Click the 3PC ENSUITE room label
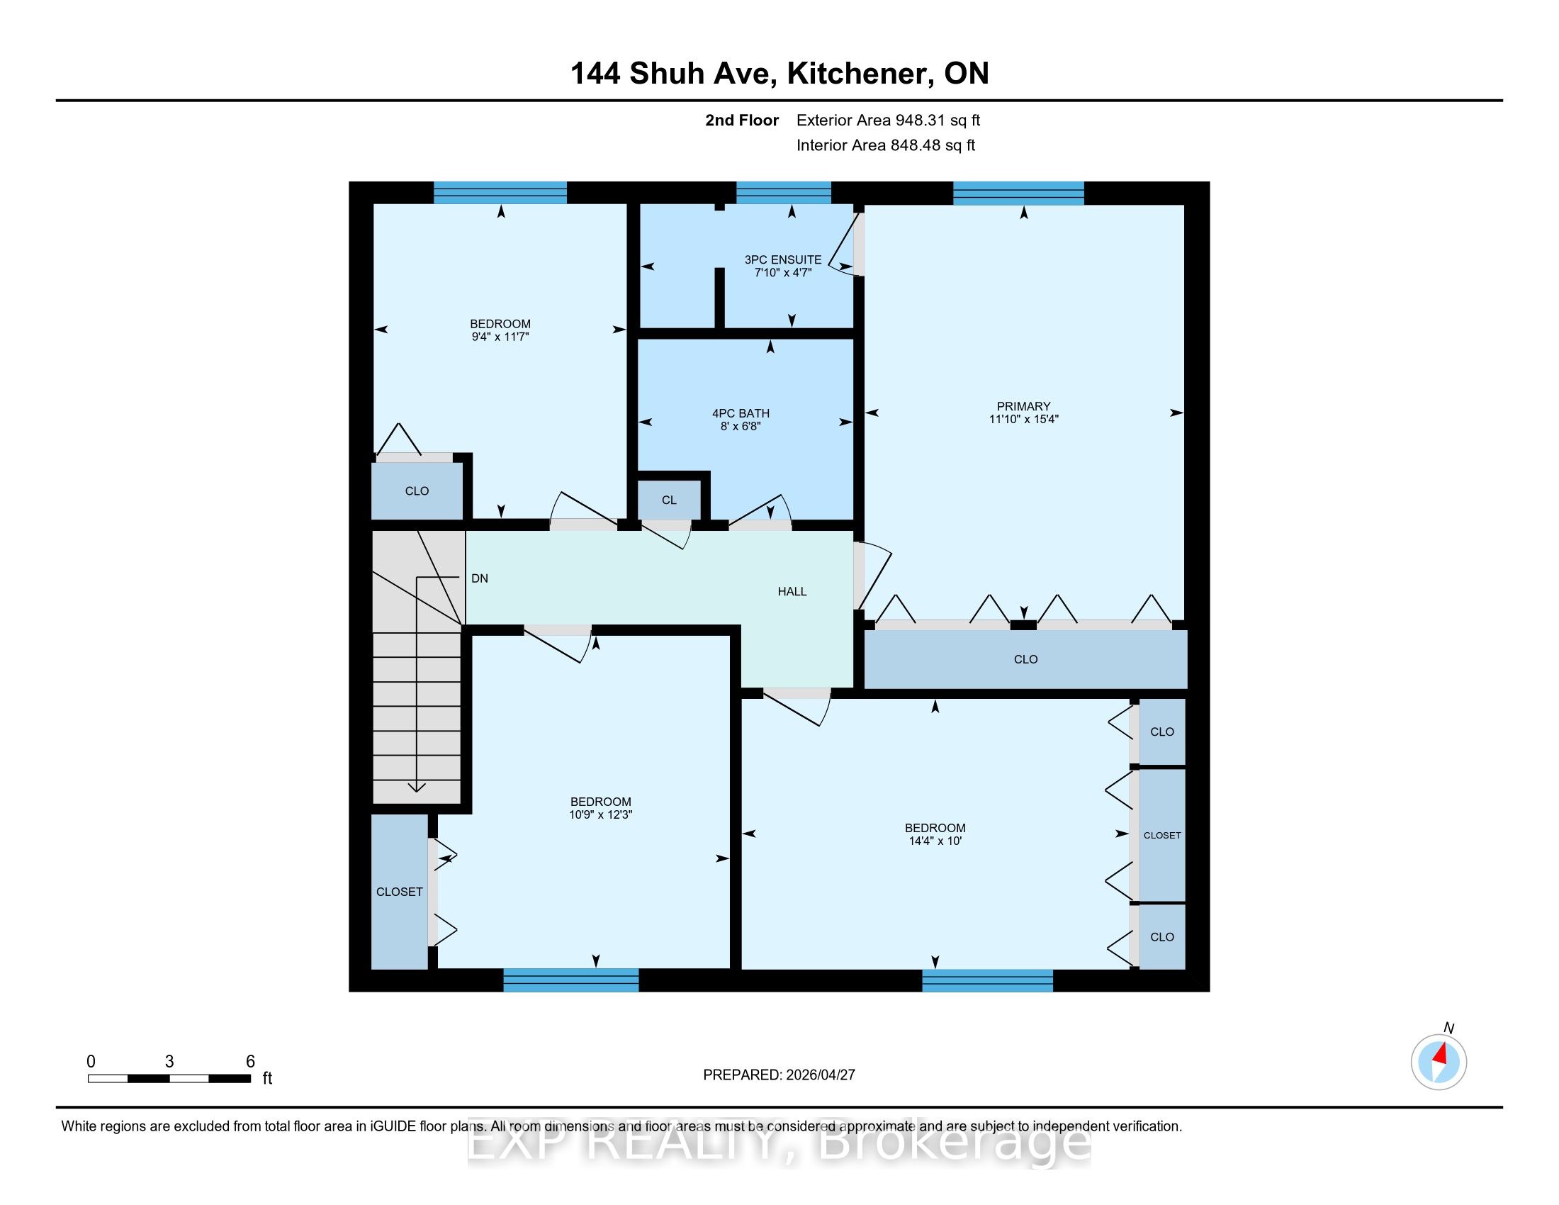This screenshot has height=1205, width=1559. [783, 260]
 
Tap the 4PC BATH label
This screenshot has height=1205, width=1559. [741, 413]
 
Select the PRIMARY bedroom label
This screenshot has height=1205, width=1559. [1024, 406]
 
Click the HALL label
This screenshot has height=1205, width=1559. [792, 591]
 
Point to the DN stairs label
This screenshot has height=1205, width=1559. [480, 578]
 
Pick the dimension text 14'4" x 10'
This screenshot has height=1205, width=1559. [935, 841]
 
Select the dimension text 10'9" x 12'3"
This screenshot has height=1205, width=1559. [601, 814]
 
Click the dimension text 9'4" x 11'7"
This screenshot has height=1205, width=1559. [500, 337]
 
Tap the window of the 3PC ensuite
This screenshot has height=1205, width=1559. [784, 193]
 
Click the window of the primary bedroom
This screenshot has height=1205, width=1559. [1018, 193]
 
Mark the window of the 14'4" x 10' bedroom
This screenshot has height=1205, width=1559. [987, 980]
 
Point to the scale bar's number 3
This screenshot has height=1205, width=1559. [169, 1062]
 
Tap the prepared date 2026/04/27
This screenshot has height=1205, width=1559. [819, 1075]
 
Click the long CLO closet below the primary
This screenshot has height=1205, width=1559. [1026, 659]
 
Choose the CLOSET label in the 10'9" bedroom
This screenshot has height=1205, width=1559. [400, 892]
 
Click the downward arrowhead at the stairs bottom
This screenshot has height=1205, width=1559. [416, 788]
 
